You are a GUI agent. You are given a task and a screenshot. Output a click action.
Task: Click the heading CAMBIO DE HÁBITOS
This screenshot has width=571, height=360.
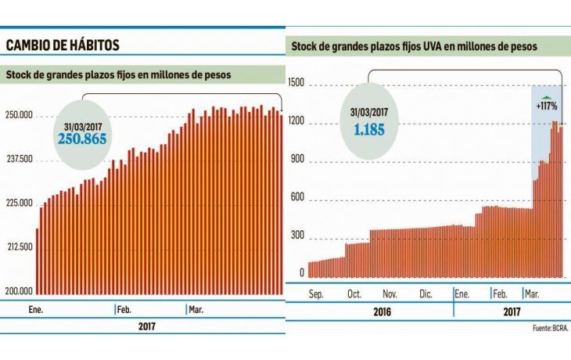point(63,45)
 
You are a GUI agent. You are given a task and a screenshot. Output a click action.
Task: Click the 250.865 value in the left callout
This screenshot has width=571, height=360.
point(81,139)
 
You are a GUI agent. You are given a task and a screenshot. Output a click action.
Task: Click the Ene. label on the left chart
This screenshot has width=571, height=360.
point(36,310)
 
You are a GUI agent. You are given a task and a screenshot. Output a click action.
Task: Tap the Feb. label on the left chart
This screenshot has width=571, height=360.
point(124,310)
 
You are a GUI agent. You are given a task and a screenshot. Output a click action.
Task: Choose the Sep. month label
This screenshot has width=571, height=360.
point(316,294)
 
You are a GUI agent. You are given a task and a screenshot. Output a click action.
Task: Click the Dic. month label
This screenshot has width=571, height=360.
point(426,294)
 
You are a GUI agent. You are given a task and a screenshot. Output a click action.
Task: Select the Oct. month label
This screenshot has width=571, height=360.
point(353,294)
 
